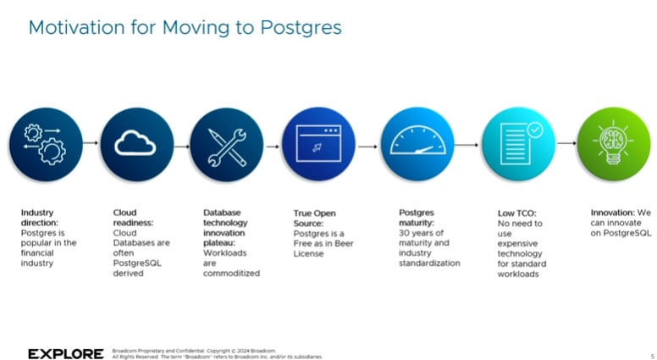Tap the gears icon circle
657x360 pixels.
click(46, 144)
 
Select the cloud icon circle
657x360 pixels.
click(136, 144)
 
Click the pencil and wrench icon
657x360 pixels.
click(227, 144)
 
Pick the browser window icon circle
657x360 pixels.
click(319, 144)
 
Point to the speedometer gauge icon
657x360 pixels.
click(417, 144)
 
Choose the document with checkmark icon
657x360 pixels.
click(518, 144)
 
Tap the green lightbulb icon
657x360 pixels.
click(614, 144)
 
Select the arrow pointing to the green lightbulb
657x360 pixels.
click(566, 143)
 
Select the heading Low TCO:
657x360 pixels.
click(516, 213)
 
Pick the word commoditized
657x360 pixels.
click(231, 273)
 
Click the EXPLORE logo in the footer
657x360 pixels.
click(66, 353)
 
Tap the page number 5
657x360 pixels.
click(639, 356)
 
